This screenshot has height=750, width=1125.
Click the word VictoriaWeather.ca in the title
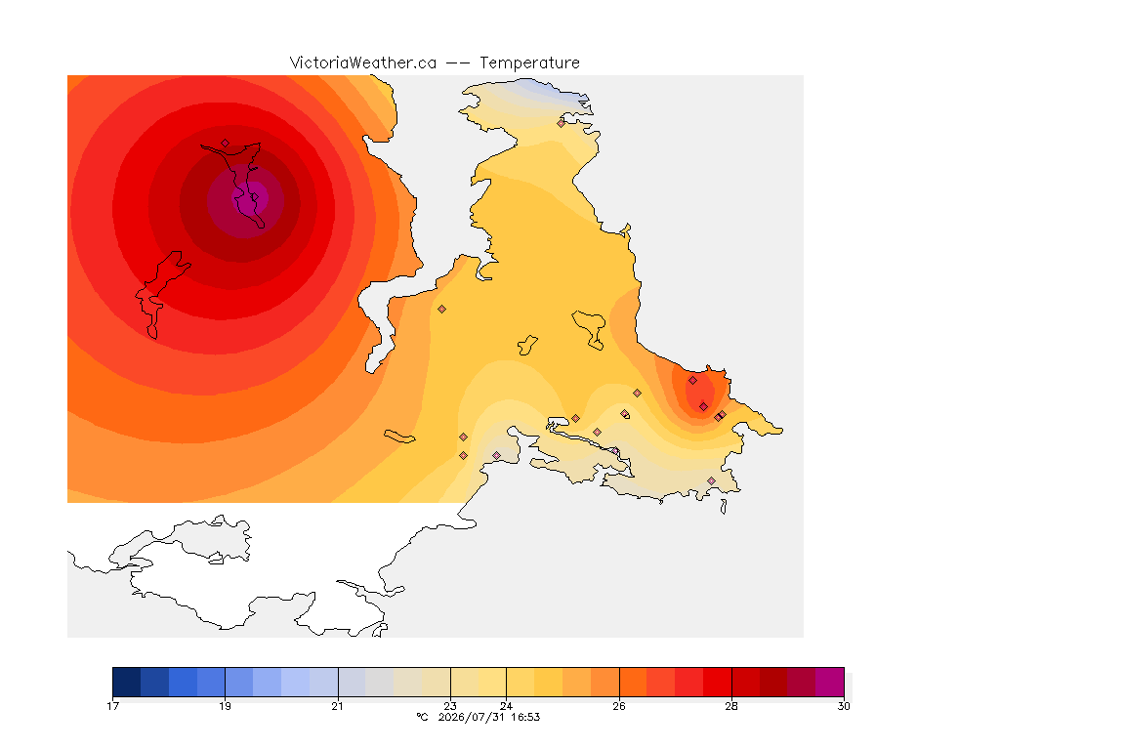point(363,63)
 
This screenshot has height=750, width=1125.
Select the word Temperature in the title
point(529,63)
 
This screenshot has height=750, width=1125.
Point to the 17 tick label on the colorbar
point(112,706)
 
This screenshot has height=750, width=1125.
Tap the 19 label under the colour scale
point(226,706)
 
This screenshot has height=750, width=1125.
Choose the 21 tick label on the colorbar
point(337,706)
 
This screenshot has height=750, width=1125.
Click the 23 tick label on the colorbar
point(450,706)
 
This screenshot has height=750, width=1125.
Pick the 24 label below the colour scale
point(506,706)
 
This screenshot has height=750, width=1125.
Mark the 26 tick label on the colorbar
point(618,706)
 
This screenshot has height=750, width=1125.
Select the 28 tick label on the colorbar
point(731,706)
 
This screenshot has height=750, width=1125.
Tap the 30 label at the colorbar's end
point(844,706)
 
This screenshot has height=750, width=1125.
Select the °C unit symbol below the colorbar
point(422,717)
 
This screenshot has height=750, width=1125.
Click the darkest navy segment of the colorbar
point(127,682)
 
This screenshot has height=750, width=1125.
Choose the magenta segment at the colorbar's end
point(829,682)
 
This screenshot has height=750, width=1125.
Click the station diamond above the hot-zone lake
point(226,144)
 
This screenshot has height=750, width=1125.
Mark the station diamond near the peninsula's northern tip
point(562,123)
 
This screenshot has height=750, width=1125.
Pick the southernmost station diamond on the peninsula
point(711,480)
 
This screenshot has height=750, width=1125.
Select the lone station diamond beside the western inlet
point(442,310)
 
